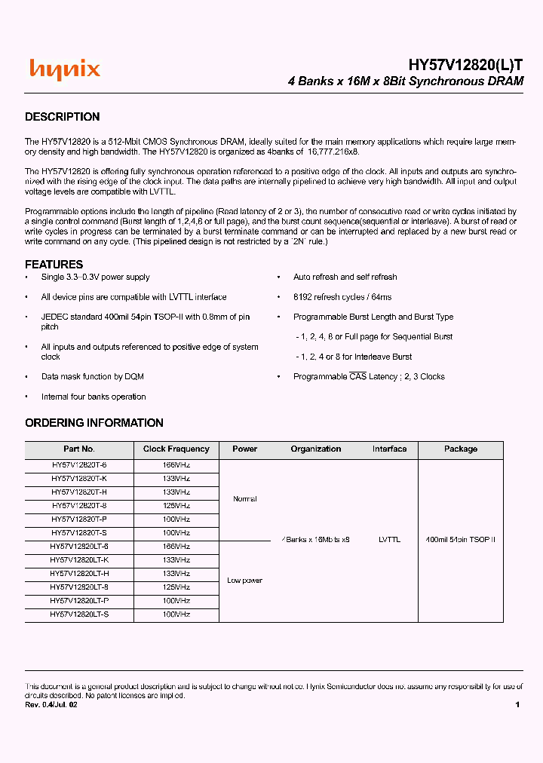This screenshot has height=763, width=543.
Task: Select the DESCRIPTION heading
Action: [62, 117]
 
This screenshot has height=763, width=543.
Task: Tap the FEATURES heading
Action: [54, 265]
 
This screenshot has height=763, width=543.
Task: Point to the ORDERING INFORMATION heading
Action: [94, 423]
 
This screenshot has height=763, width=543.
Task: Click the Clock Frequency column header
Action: [176, 449]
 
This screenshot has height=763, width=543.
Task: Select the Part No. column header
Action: [79, 449]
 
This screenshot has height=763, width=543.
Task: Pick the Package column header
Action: [460, 449]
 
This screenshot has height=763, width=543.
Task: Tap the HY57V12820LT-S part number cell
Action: [79, 614]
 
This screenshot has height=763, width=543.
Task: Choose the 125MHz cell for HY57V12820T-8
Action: [176, 506]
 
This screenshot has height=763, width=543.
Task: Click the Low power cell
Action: [245, 581]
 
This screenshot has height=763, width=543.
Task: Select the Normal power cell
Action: [245, 499]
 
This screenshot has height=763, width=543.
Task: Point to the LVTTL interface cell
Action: [389, 540]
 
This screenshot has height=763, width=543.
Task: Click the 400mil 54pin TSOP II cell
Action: [460, 540]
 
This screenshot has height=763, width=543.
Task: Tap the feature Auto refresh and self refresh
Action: [345, 277]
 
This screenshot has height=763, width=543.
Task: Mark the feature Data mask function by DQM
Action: [92, 377]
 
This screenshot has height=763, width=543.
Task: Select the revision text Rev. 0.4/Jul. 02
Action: [51, 705]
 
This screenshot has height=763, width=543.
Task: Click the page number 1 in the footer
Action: [517, 705]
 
